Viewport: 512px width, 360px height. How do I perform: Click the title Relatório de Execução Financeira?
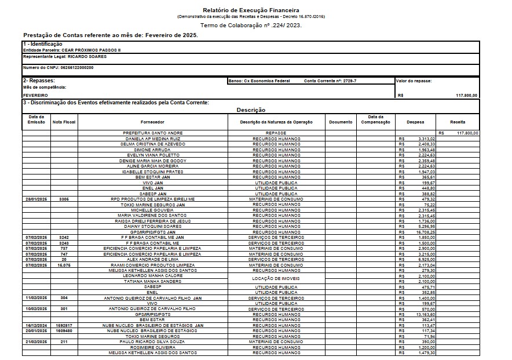click(251, 10)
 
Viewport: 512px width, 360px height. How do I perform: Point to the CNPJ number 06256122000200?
click(77, 68)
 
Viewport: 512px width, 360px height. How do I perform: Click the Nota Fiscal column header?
click(64, 122)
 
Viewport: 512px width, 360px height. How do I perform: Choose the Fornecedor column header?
click(152, 122)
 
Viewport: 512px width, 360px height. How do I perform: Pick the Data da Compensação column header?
click(375, 120)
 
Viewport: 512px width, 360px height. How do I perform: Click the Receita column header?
click(458, 122)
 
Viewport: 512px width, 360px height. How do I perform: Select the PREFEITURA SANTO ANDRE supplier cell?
click(152, 133)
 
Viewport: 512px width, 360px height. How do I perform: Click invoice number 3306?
click(64, 199)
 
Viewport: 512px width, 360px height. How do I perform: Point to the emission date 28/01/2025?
click(36, 199)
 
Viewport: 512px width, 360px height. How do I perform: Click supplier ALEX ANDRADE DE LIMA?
click(152, 259)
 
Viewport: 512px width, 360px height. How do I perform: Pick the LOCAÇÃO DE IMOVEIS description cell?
click(276, 279)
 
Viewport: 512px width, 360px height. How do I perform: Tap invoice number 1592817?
click(64, 325)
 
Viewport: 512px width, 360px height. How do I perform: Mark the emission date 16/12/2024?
click(36, 325)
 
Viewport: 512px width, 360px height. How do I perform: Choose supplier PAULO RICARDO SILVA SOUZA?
click(152, 341)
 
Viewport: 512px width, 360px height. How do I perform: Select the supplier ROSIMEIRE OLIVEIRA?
click(152, 347)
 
